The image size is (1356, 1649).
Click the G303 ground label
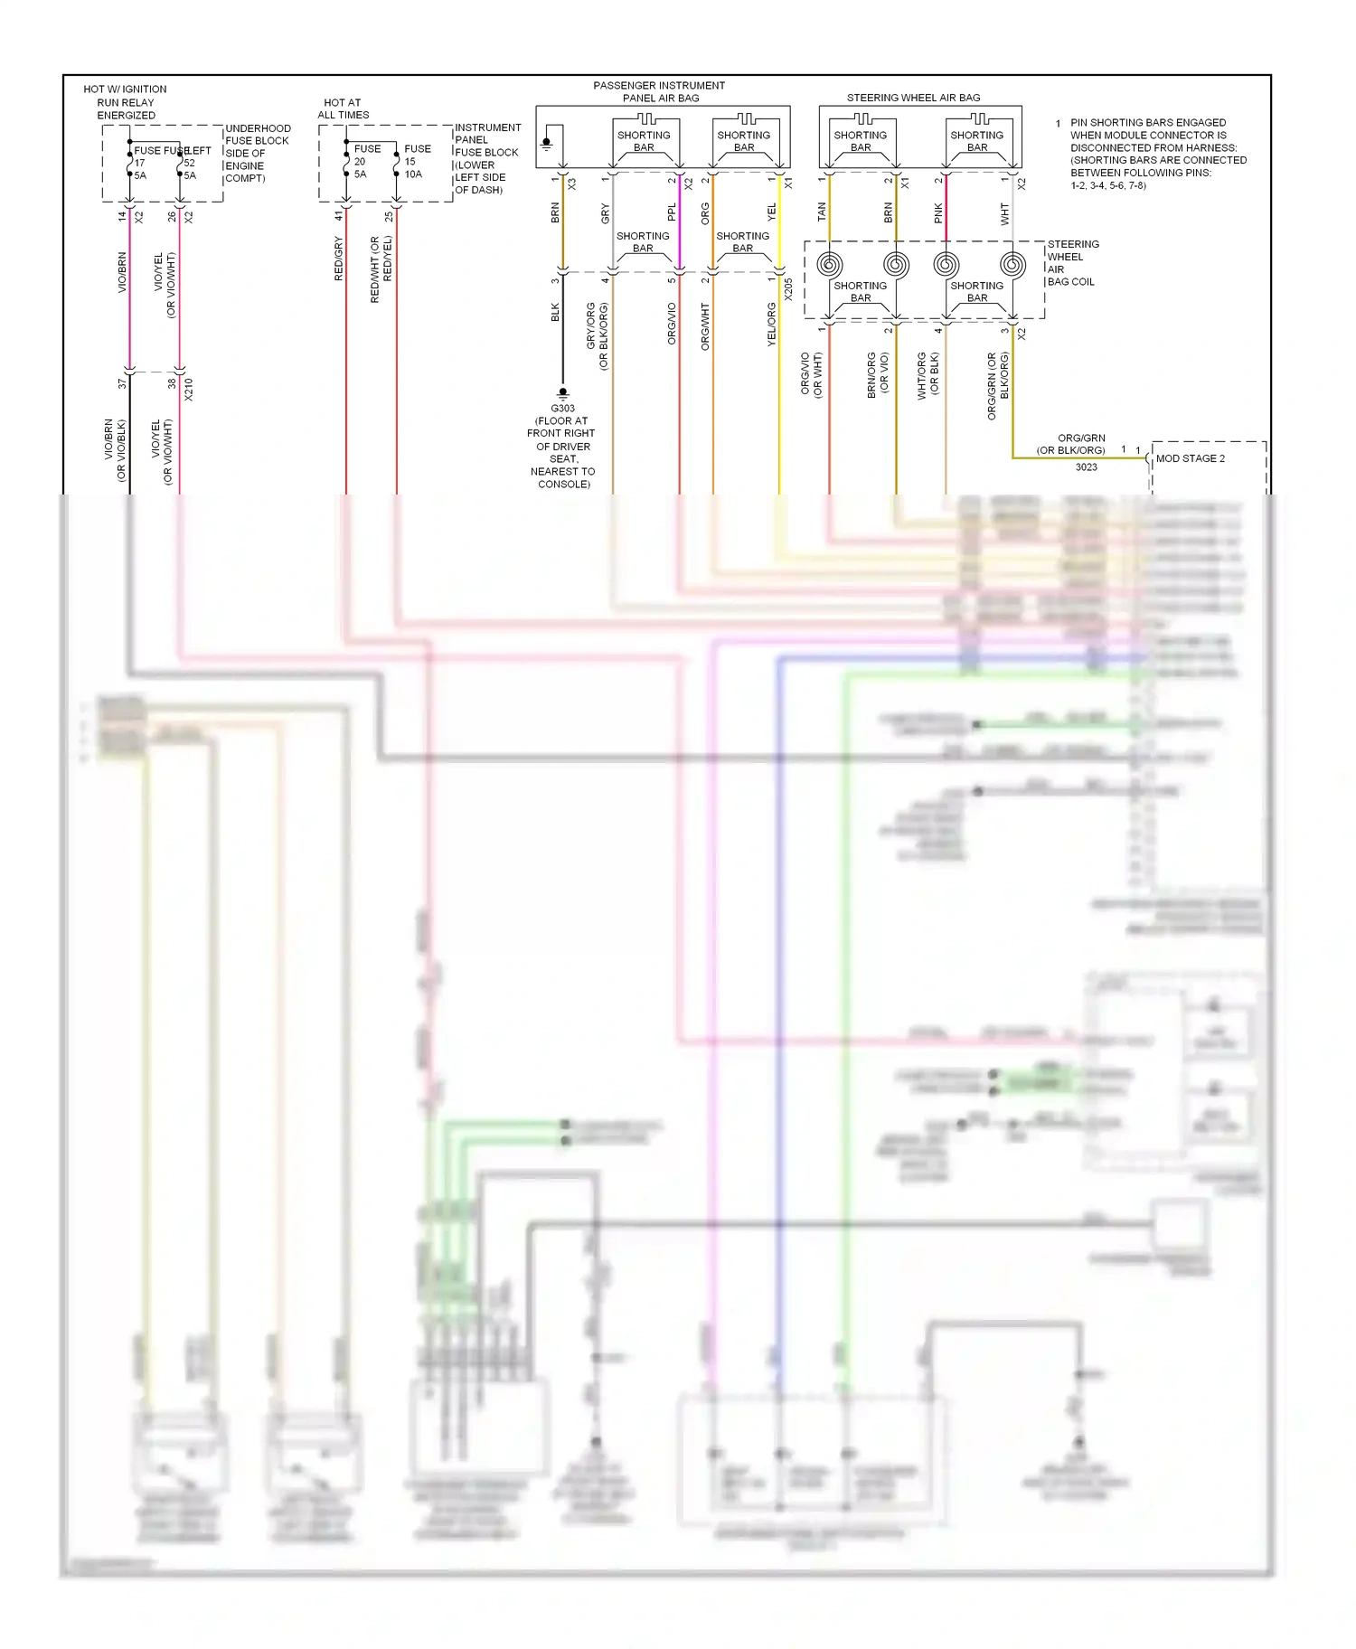tap(562, 409)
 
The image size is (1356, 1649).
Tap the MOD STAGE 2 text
tap(1190, 458)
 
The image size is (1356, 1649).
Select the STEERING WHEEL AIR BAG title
tap(913, 98)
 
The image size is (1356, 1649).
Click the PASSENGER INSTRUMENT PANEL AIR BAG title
tap(660, 91)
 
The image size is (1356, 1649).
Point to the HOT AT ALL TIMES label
tap(343, 108)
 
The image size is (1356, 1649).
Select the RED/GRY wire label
tap(339, 259)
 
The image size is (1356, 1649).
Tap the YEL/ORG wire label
tap(771, 325)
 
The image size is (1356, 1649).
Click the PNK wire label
tap(938, 213)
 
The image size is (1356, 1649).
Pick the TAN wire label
tap(822, 212)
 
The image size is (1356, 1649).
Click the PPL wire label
tap(672, 212)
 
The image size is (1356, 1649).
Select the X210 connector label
tap(189, 390)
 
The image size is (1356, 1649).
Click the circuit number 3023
tap(1086, 467)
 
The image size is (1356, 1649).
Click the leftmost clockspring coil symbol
tap(829, 265)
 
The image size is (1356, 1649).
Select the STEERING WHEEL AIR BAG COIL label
tap(1072, 263)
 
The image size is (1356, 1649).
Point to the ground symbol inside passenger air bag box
tap(546, 143)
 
